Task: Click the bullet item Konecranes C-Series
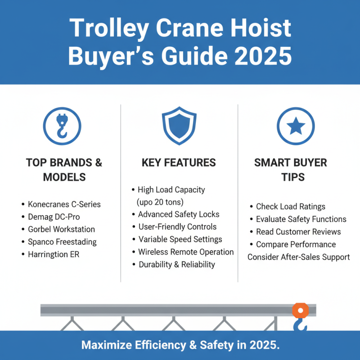pos(64,204)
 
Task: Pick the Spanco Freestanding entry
pos(62,242)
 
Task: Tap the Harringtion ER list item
pos(56,254)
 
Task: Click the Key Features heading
pos(179,163)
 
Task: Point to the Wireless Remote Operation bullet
pos(186,252)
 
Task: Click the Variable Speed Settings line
pos(180,239)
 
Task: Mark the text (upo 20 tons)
pos(160,202)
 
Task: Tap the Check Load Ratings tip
pos(290,207)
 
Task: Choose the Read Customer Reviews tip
pos(298,232)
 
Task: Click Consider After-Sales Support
pos(298,257)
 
